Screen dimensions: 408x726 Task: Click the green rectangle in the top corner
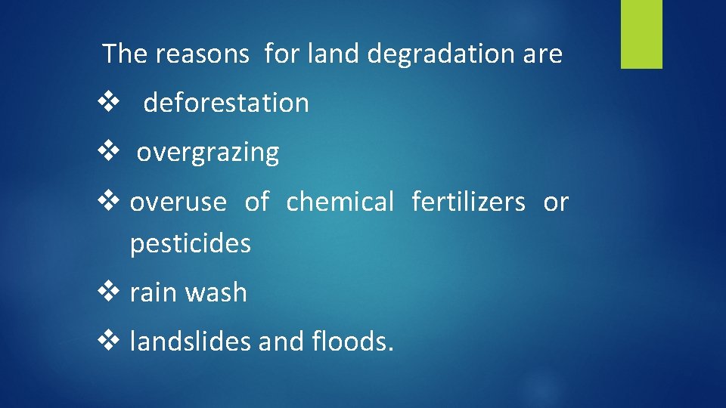click(x=641, y=34)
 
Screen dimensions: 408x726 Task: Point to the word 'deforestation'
click(x=226, y=103)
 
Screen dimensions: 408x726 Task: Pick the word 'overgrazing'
click(x=208, y=153)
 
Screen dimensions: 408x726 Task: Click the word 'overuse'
click(x=178, y=202)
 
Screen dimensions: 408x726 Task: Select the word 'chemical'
click(x=340, y=202)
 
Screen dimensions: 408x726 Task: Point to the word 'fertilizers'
click(x=468, y=202)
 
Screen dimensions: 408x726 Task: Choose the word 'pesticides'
click(x=191, y=244)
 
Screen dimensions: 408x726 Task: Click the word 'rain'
click(x=153, y=293)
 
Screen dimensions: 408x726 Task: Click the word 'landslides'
click(x=191, y=342)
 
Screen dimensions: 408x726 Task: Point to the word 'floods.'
click(x=352, y=342)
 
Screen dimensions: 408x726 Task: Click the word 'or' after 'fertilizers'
click(x=556, y=202)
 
